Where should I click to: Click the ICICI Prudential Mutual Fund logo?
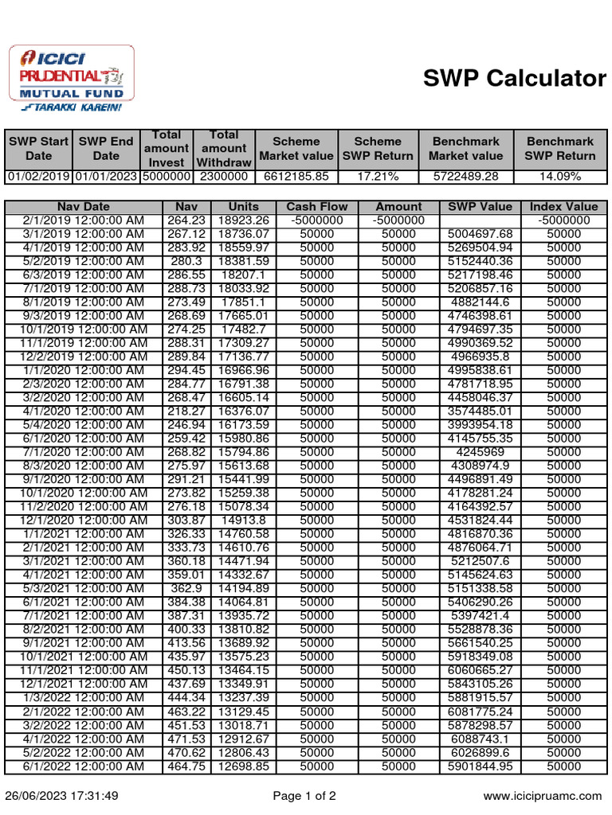pos(71,79)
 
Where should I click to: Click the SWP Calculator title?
pos(514,78)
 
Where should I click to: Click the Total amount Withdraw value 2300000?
pos(224,177)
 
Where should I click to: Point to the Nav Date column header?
pos(84,207)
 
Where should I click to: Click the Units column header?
pos(243,207)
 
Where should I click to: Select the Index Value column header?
pos(563,207)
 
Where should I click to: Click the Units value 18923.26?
pos(243,220)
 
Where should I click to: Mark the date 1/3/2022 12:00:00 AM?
pos(84,698)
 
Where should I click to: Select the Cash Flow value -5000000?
pos(316,220)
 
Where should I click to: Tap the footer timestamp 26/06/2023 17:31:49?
pos(61,795)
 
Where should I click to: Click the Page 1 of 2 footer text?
pos(304,795)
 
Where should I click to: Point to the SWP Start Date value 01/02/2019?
pos(38,177)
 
